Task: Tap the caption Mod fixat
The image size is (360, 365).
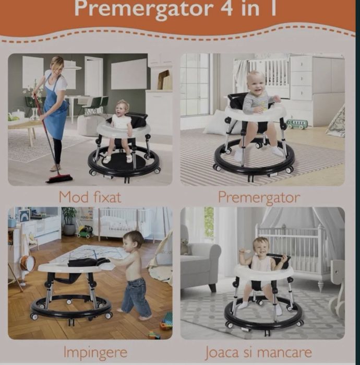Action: (x=90, y=197)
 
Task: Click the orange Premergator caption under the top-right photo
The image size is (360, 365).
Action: (x=259, y=197)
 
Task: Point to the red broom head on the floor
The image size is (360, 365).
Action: (x=59, y=179)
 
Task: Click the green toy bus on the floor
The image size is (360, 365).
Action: (x=297, y=124)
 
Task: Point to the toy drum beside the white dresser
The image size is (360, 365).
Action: (x=27, y=263)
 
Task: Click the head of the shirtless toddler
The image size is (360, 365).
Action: (x=133, y=241)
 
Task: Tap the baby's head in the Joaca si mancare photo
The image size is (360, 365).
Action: (x=260, y=246)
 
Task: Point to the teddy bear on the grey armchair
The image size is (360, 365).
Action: (x=185, y=247)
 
